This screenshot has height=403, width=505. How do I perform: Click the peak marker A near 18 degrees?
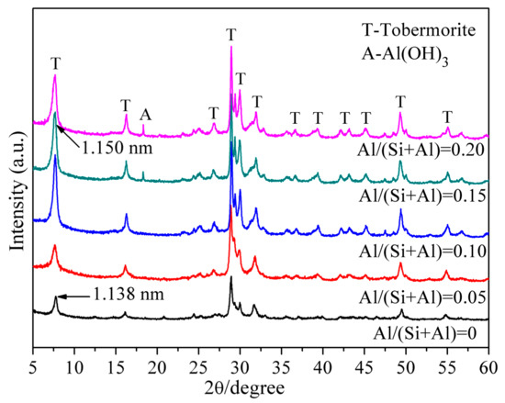[x=144, y=116]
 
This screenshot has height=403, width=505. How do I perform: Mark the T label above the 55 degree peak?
[x=447, y=117]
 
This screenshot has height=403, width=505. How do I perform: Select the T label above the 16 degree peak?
[x=125, y=105]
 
